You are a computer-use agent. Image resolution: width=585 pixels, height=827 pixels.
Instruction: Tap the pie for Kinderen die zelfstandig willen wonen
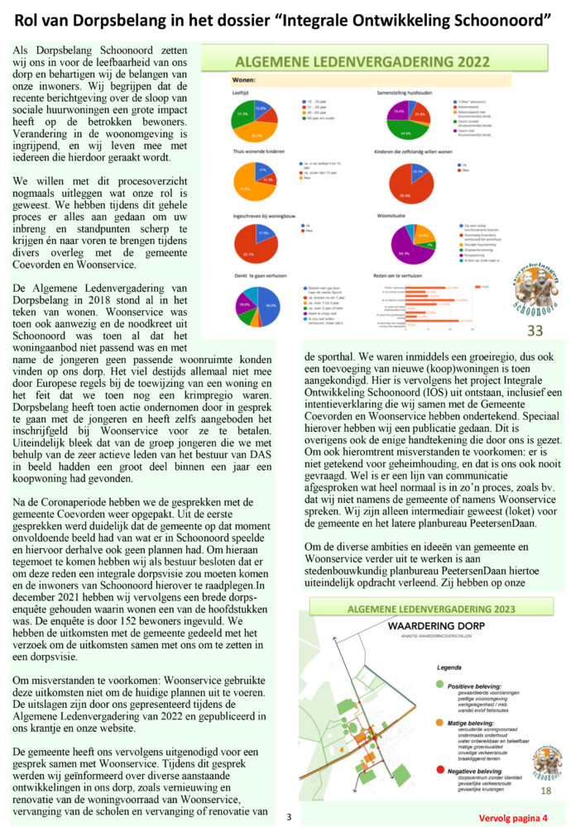(x=405, y=181)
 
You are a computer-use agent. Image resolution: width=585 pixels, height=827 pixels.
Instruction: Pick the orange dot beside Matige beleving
(x=440, y=722)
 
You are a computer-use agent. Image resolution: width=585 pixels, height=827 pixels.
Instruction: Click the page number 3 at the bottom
(x=289, y=817)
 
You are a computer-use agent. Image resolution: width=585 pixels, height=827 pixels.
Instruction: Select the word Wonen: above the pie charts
(x=247, y=81)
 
